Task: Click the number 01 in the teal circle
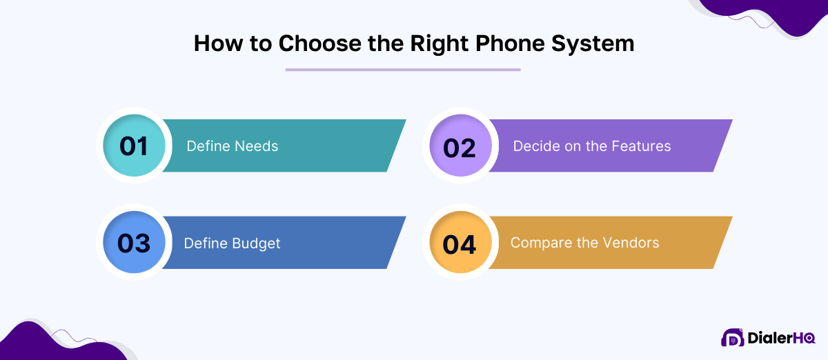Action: coord(134,146)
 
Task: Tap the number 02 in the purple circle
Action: coord(460,147)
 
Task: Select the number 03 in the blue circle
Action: coord(134,243)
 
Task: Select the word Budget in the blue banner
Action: coord(256,243)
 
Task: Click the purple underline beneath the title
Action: coord(403,69)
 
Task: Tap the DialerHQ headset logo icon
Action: coord(732,337)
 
